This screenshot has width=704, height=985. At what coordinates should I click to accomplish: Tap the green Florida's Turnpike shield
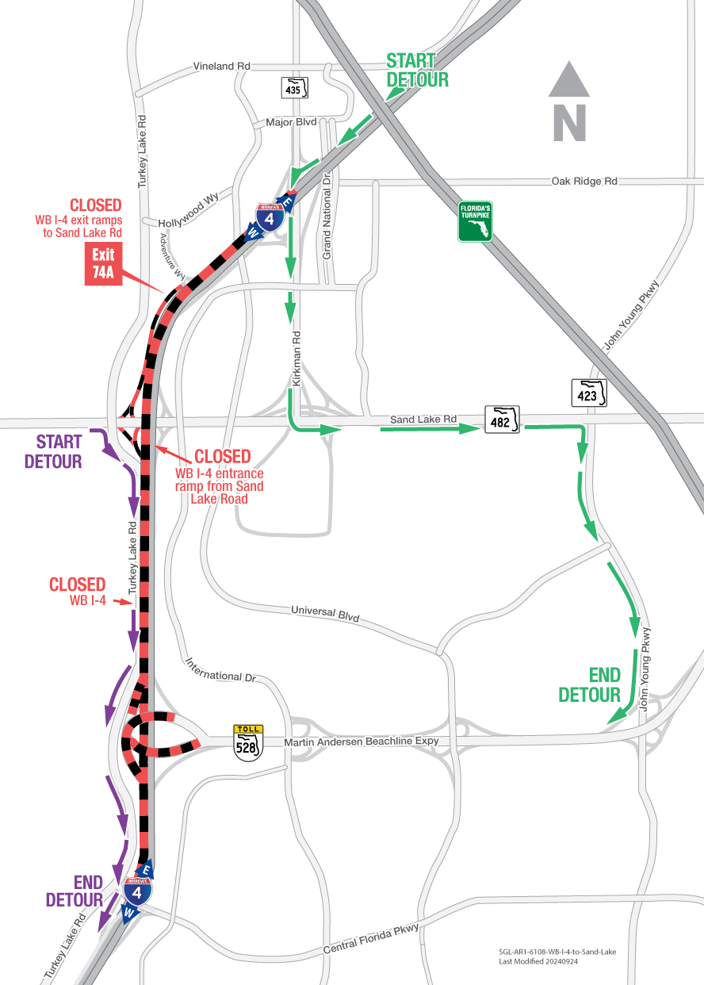tap(475, 220)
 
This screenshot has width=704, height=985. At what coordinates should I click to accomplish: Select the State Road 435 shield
tap(294, 87)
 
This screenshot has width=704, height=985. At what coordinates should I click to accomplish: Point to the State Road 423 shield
tap(589, 392)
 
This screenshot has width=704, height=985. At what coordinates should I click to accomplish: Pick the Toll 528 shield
tap(248, 743)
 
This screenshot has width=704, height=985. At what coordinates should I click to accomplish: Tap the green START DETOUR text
tap(416, 70)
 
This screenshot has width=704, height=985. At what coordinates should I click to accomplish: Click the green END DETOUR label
tap(589, 684)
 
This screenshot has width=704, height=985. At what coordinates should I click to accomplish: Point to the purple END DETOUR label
tap(75, 891)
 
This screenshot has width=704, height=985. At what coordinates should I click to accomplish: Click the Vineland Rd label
tap(221, 67)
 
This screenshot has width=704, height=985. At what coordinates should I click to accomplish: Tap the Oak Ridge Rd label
tap(583, 182)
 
